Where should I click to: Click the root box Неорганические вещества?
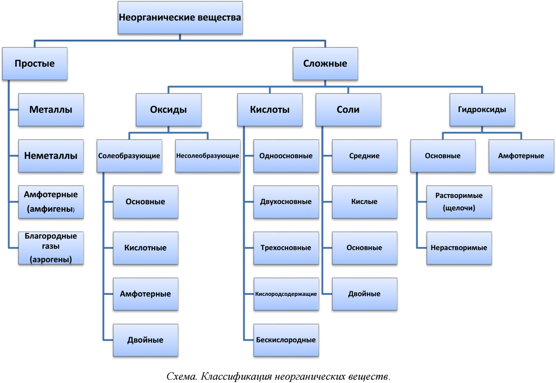[180, 17]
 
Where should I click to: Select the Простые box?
[35, 64]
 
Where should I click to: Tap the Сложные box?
[325, 64]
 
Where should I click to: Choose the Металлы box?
[51, 110]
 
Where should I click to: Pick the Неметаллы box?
[51, 156]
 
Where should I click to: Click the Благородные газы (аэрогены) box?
[51, 248]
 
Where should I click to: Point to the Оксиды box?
[169, 110]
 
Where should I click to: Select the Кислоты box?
[270, 110]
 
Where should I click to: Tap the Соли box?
[348, 110]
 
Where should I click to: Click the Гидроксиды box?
[482, 110]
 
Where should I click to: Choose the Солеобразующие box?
[129, 156]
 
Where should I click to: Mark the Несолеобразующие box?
[208, 156]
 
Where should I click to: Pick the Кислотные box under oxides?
[145, 248]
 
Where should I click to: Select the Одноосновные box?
[286, 156]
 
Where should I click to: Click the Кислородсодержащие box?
[286, 294]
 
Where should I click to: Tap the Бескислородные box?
[286, 340]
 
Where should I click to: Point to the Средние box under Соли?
[364, 156]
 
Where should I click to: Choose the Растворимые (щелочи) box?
[459, 202]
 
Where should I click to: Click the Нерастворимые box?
[459, 248]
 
